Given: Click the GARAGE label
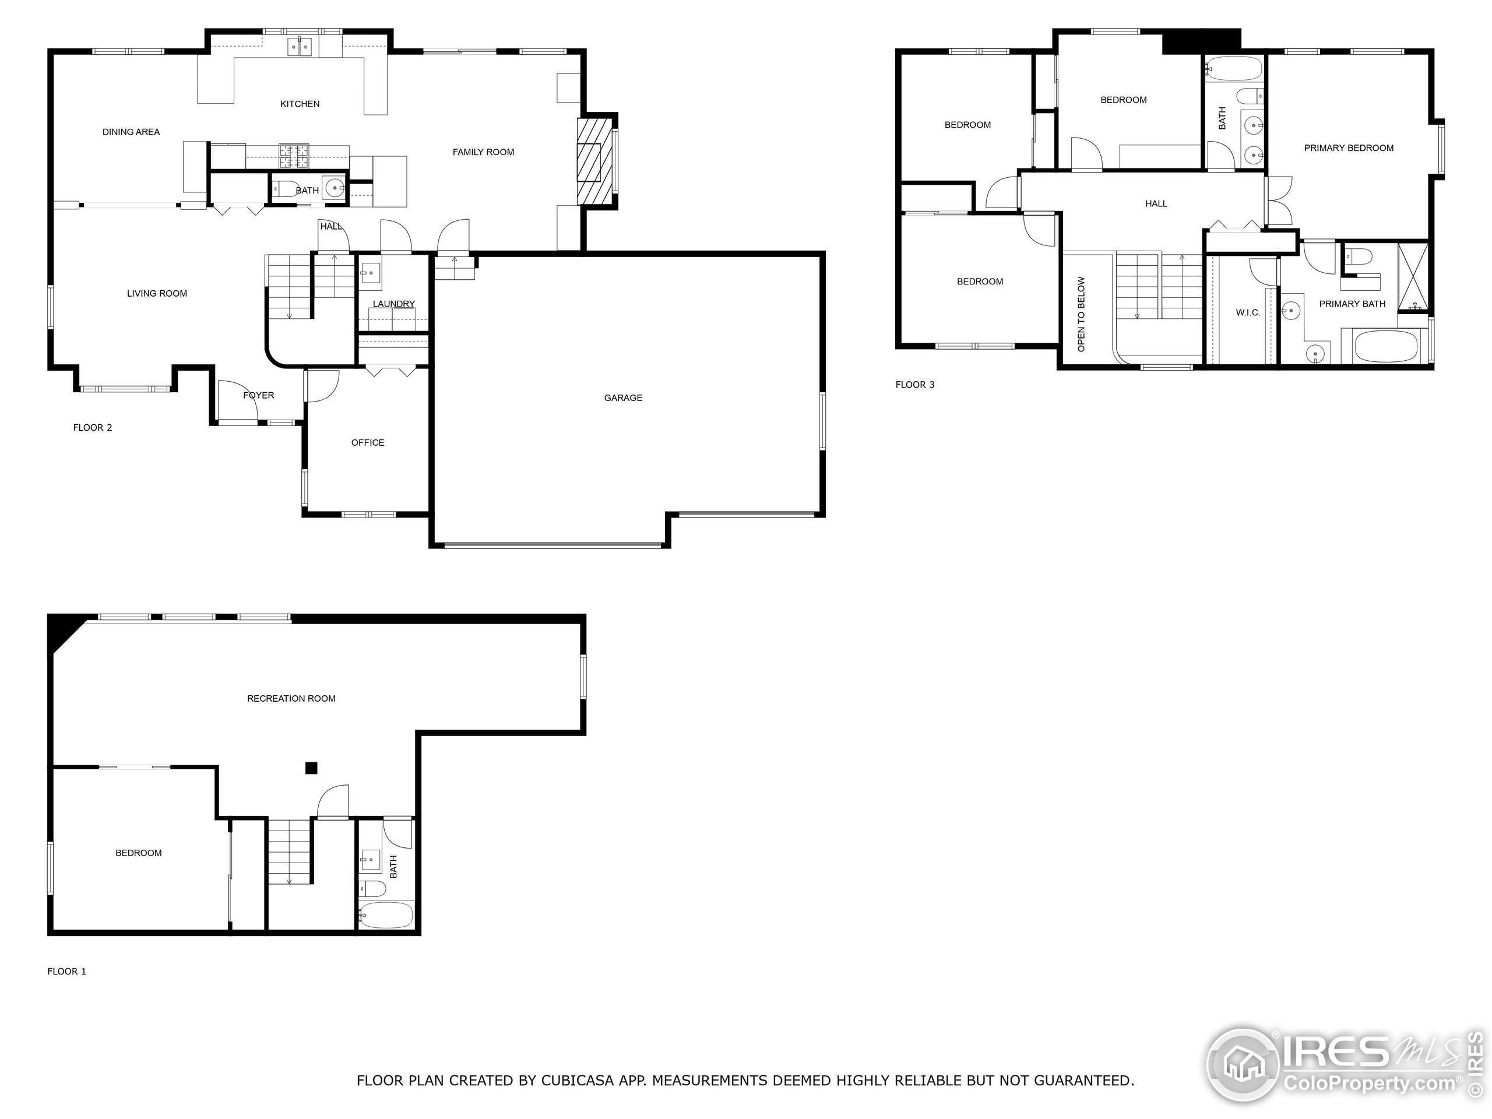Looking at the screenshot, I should [622, 398].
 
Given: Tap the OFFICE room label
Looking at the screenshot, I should [368, 442].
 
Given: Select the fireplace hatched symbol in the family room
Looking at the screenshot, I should [589, 162].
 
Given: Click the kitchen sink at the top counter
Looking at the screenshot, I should [300, 47].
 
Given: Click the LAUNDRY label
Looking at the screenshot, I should [393, 304].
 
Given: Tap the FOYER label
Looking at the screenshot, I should [258, 395].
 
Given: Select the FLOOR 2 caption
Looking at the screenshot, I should [93, 428].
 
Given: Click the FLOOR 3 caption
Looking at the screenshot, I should [914, 385].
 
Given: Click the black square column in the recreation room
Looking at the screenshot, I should [311, 768].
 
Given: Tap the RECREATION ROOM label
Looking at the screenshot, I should [291, 699].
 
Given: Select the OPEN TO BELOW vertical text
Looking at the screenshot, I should [1081, 314].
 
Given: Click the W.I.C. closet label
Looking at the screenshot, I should [1248, 312].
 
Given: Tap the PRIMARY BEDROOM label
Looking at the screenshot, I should [1348, 147].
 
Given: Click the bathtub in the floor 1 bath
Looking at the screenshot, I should [385, 915].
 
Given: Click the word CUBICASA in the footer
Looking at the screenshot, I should [577, 1081].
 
